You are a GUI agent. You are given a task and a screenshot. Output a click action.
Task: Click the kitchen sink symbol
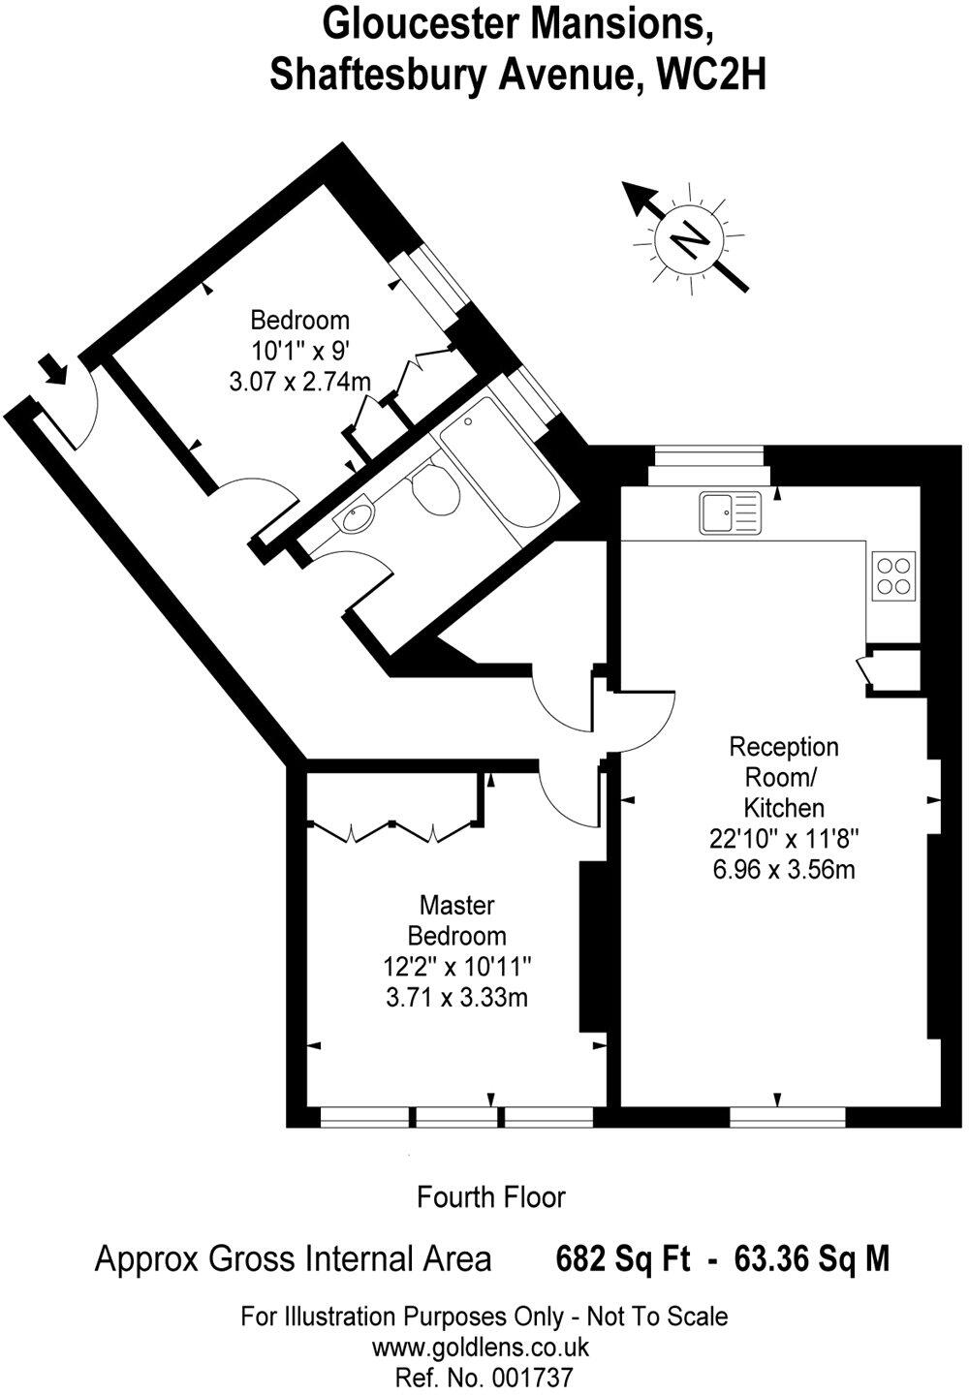733,512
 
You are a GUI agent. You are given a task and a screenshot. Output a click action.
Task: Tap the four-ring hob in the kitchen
892,574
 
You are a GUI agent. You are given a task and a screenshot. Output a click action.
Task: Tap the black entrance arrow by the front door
53,368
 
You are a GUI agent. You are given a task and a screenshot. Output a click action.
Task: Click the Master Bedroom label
456,920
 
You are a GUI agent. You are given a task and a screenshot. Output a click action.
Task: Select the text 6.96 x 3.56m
784,869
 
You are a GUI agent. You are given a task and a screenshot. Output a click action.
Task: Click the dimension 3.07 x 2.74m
299,382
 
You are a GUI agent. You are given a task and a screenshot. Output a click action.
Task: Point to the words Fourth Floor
490,1197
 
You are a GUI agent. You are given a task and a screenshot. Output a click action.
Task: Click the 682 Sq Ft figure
622,1259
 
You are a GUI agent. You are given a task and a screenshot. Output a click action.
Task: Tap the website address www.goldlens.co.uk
482,1347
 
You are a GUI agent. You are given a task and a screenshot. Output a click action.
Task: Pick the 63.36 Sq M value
812,1259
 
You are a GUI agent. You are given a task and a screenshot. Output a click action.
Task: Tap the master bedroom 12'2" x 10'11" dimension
456,966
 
